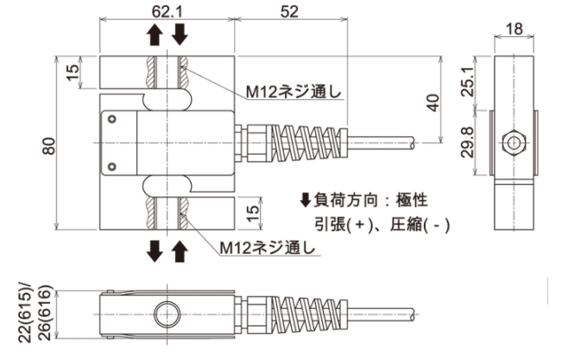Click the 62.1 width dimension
[x=167, y=13]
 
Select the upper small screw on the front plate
[x=111, y=120]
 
